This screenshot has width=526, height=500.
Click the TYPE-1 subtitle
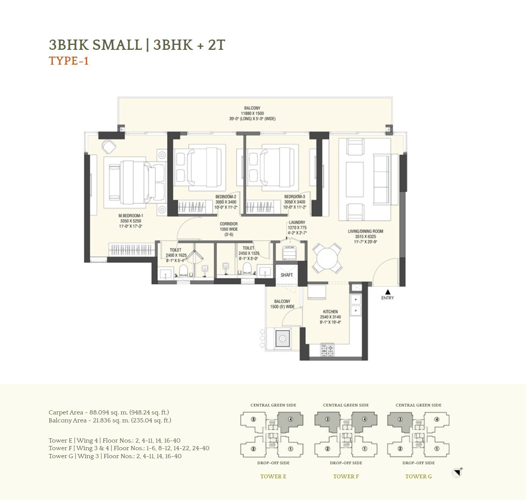pyautogui.click(x=69, y=61)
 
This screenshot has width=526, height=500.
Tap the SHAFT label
pyautogui.click(x=287, y=275)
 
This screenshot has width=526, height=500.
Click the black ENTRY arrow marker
pyautogui.click(x=387, y=292)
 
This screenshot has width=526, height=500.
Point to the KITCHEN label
pyautogui.click(x=330, y=311)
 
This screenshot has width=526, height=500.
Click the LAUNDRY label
pyautogui.click(x=297, y=222)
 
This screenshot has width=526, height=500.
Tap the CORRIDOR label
pyautogui.click(x=229, y=224)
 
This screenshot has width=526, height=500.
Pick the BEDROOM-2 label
pyautogui.click(x=226, y=197)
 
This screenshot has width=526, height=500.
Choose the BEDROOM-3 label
pyautogui.click(x=294, y=197)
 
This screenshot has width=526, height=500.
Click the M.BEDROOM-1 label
pyautogui.click(x=131, y=215)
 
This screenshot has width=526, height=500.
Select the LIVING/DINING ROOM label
pyautogui.click(x=365, y=231)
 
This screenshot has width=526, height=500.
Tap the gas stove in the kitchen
pyautogui.click(x=327, y=350)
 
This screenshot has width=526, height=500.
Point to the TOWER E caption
pyautogui.click(x=273, y=476)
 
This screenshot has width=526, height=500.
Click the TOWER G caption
pyautogui.click(x=418, y=476)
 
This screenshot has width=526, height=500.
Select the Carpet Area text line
pyautogui.click(x=109, y=412)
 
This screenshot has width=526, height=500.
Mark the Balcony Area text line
pyautogui.click(x=110, y=420)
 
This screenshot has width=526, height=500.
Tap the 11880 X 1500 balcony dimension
pyautogui.click(x=252, y=113)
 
